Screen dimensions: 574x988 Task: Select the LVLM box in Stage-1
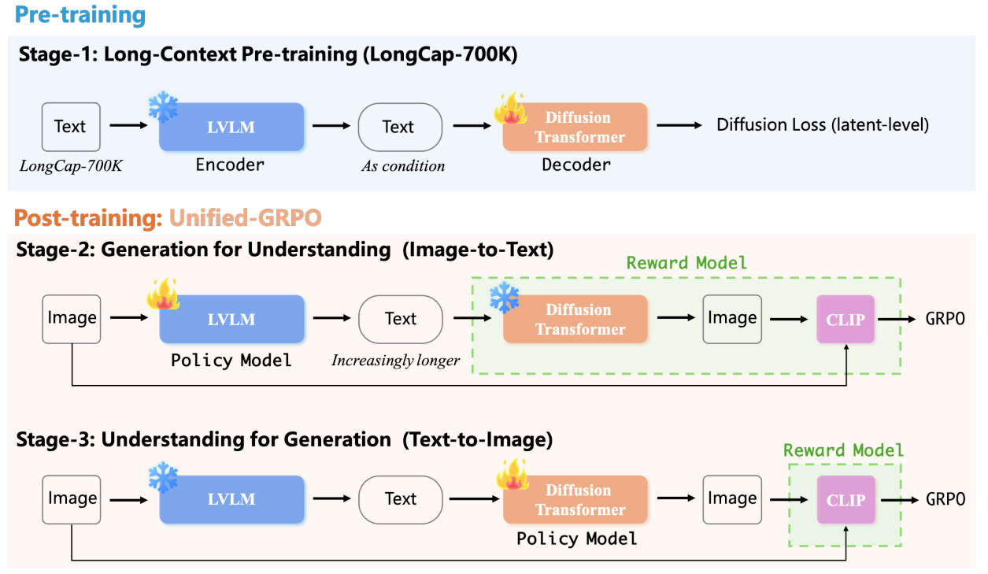[231, 127]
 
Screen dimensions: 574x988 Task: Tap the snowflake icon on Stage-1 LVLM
[163, 108]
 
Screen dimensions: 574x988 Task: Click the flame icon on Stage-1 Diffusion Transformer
[509, 110]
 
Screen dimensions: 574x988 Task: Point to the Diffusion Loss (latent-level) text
[822, 124]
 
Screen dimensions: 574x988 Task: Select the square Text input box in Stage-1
[70, 127]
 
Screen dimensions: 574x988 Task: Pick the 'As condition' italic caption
[403, 166]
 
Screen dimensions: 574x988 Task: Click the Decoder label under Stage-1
[575, 165]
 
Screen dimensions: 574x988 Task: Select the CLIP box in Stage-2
[846, 319]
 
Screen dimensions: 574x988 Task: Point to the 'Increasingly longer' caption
[395, 361]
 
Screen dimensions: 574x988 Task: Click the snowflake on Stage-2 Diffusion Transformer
[504, 298]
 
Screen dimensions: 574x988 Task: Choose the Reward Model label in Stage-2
[686, 262]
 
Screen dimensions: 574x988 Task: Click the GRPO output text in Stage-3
[945, 499]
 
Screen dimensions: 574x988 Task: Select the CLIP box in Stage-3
[846, 499]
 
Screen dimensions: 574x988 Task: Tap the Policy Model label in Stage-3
[576, 539]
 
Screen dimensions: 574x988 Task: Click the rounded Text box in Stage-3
[400, 499]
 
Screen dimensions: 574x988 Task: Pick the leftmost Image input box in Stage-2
[72, 319]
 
